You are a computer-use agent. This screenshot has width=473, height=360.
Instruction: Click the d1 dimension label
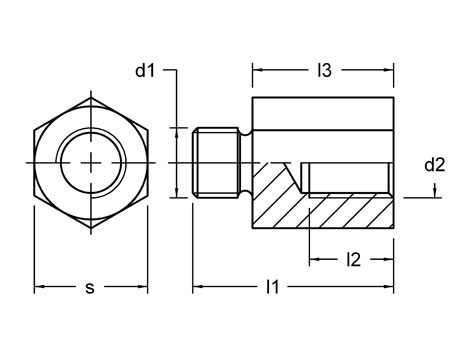(x=145, y=70)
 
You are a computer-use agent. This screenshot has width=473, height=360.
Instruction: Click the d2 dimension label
(x=435, y=165)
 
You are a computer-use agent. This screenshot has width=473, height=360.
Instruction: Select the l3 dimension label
(x=325, y=70)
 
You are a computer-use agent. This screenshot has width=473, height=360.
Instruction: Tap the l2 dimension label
(x=354, y=259)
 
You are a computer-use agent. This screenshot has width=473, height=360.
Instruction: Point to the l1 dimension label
(x=272, y=286)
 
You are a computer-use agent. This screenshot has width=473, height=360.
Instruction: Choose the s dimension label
(x=90, y=288)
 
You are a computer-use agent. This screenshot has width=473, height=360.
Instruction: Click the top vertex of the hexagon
(x=91, y=97)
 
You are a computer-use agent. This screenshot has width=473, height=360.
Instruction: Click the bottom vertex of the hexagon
(x=91, y=228)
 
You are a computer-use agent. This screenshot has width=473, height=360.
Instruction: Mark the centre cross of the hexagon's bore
(x=91, y=163)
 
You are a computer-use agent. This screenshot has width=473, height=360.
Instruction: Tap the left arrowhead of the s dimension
(x=39, y=286)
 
